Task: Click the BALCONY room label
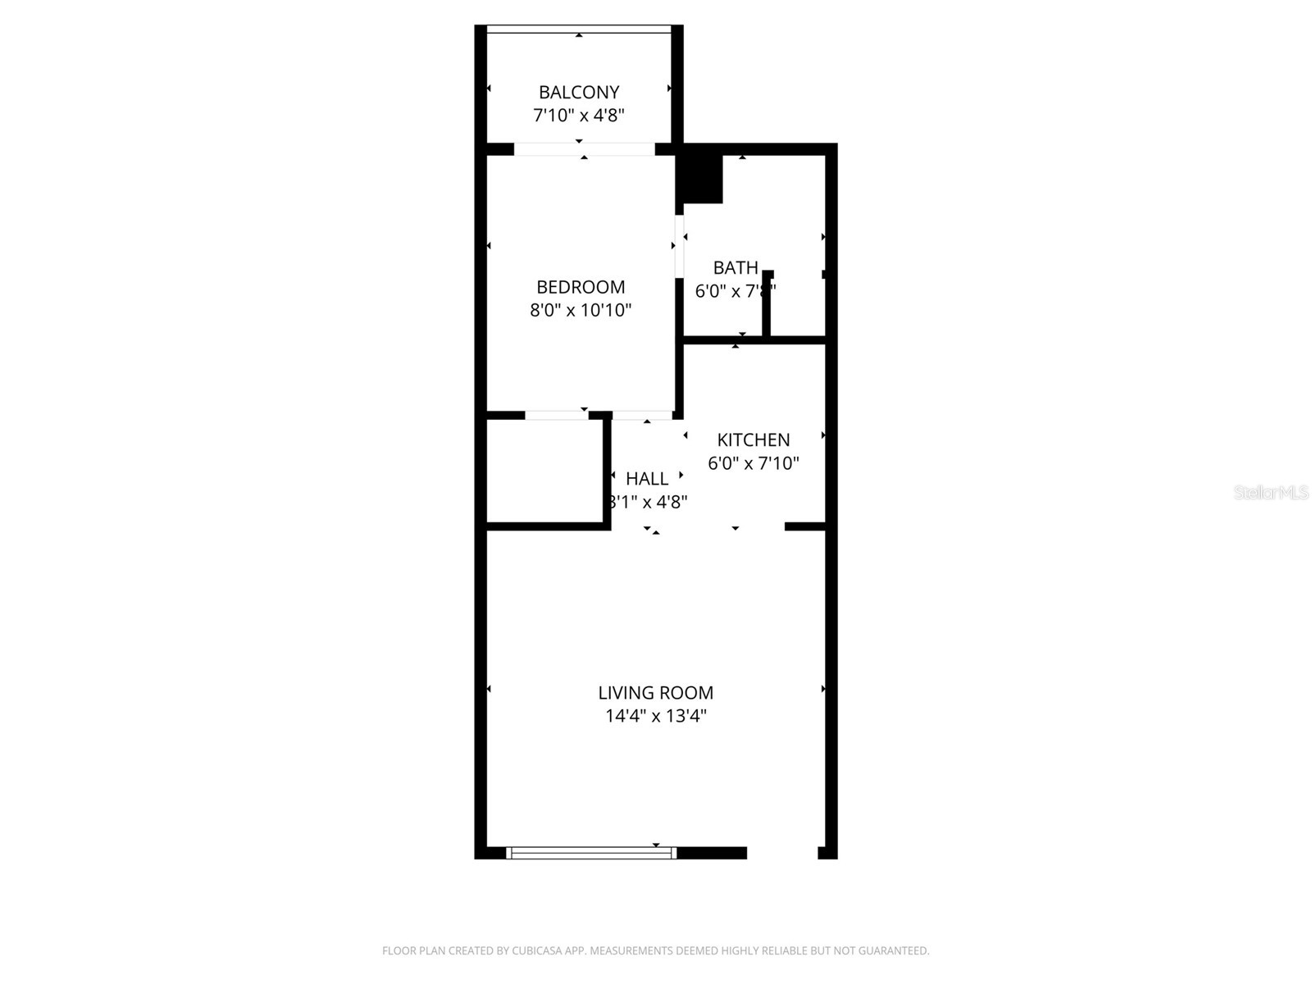[578, 93]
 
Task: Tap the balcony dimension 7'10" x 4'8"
[578, 116]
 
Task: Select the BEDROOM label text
[581, 287]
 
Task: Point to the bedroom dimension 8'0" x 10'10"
[581, 310]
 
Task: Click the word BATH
[735, 267]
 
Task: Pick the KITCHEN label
[753, 440]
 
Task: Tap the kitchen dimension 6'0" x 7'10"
[753, 463]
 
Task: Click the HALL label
[646, 478]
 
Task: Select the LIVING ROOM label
[655, 693]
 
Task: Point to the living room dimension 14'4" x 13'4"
[655, 716]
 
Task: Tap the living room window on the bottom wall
[591, 853]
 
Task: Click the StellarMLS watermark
[1271, 493]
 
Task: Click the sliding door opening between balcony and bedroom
[584, 149]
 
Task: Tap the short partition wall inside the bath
[768, 303]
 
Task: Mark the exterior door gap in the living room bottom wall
[782, 853]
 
